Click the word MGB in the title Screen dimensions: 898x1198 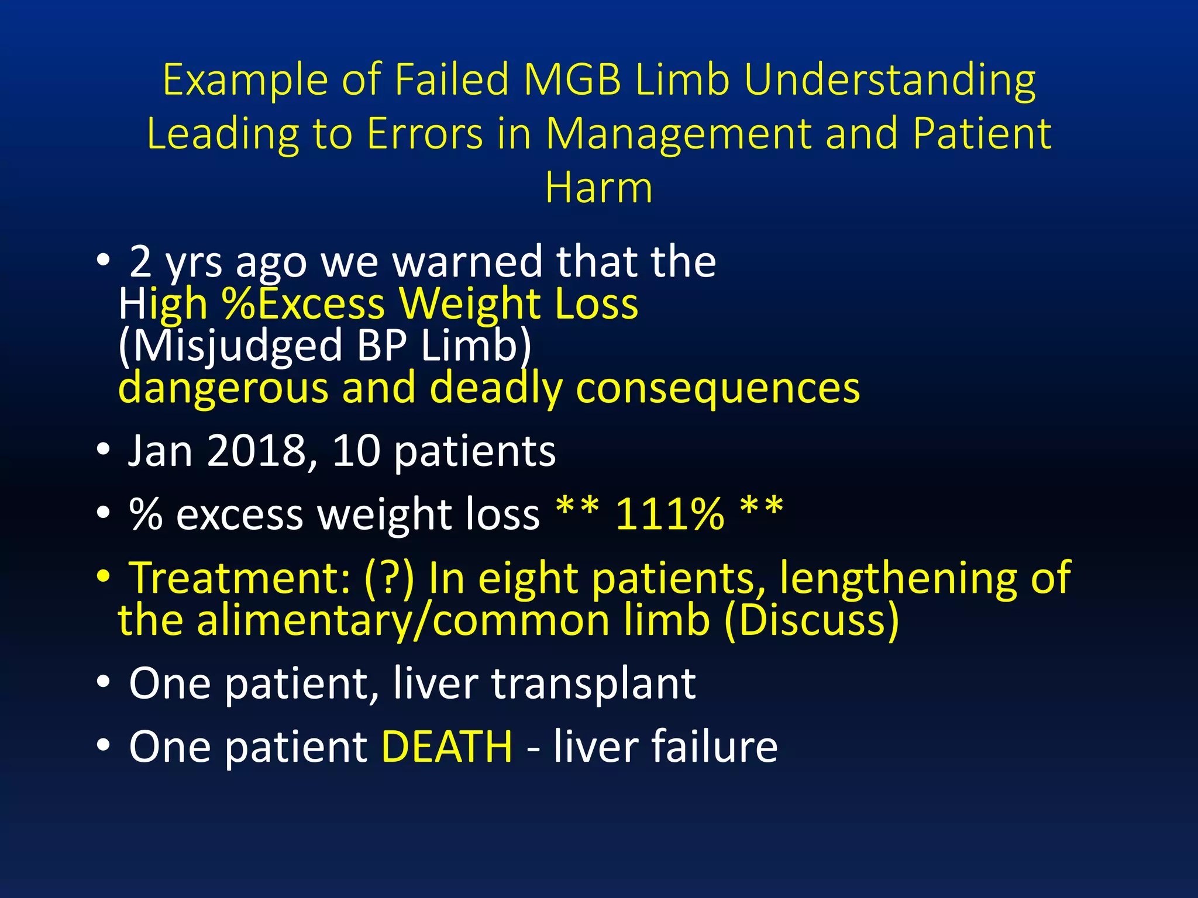pyautogui.click(x=572, y=80)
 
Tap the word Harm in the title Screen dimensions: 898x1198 pyautogui.click(x=598, y=188)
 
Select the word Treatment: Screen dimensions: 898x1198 pyautogui.click(x=240, y=578)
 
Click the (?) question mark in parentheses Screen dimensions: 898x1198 pyautogui.click(x=389, y=578)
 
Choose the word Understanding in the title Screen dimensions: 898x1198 pyautogui.click(x=889, y=80)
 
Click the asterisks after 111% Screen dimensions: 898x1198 pyautogui.click(x=760, y=506)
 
